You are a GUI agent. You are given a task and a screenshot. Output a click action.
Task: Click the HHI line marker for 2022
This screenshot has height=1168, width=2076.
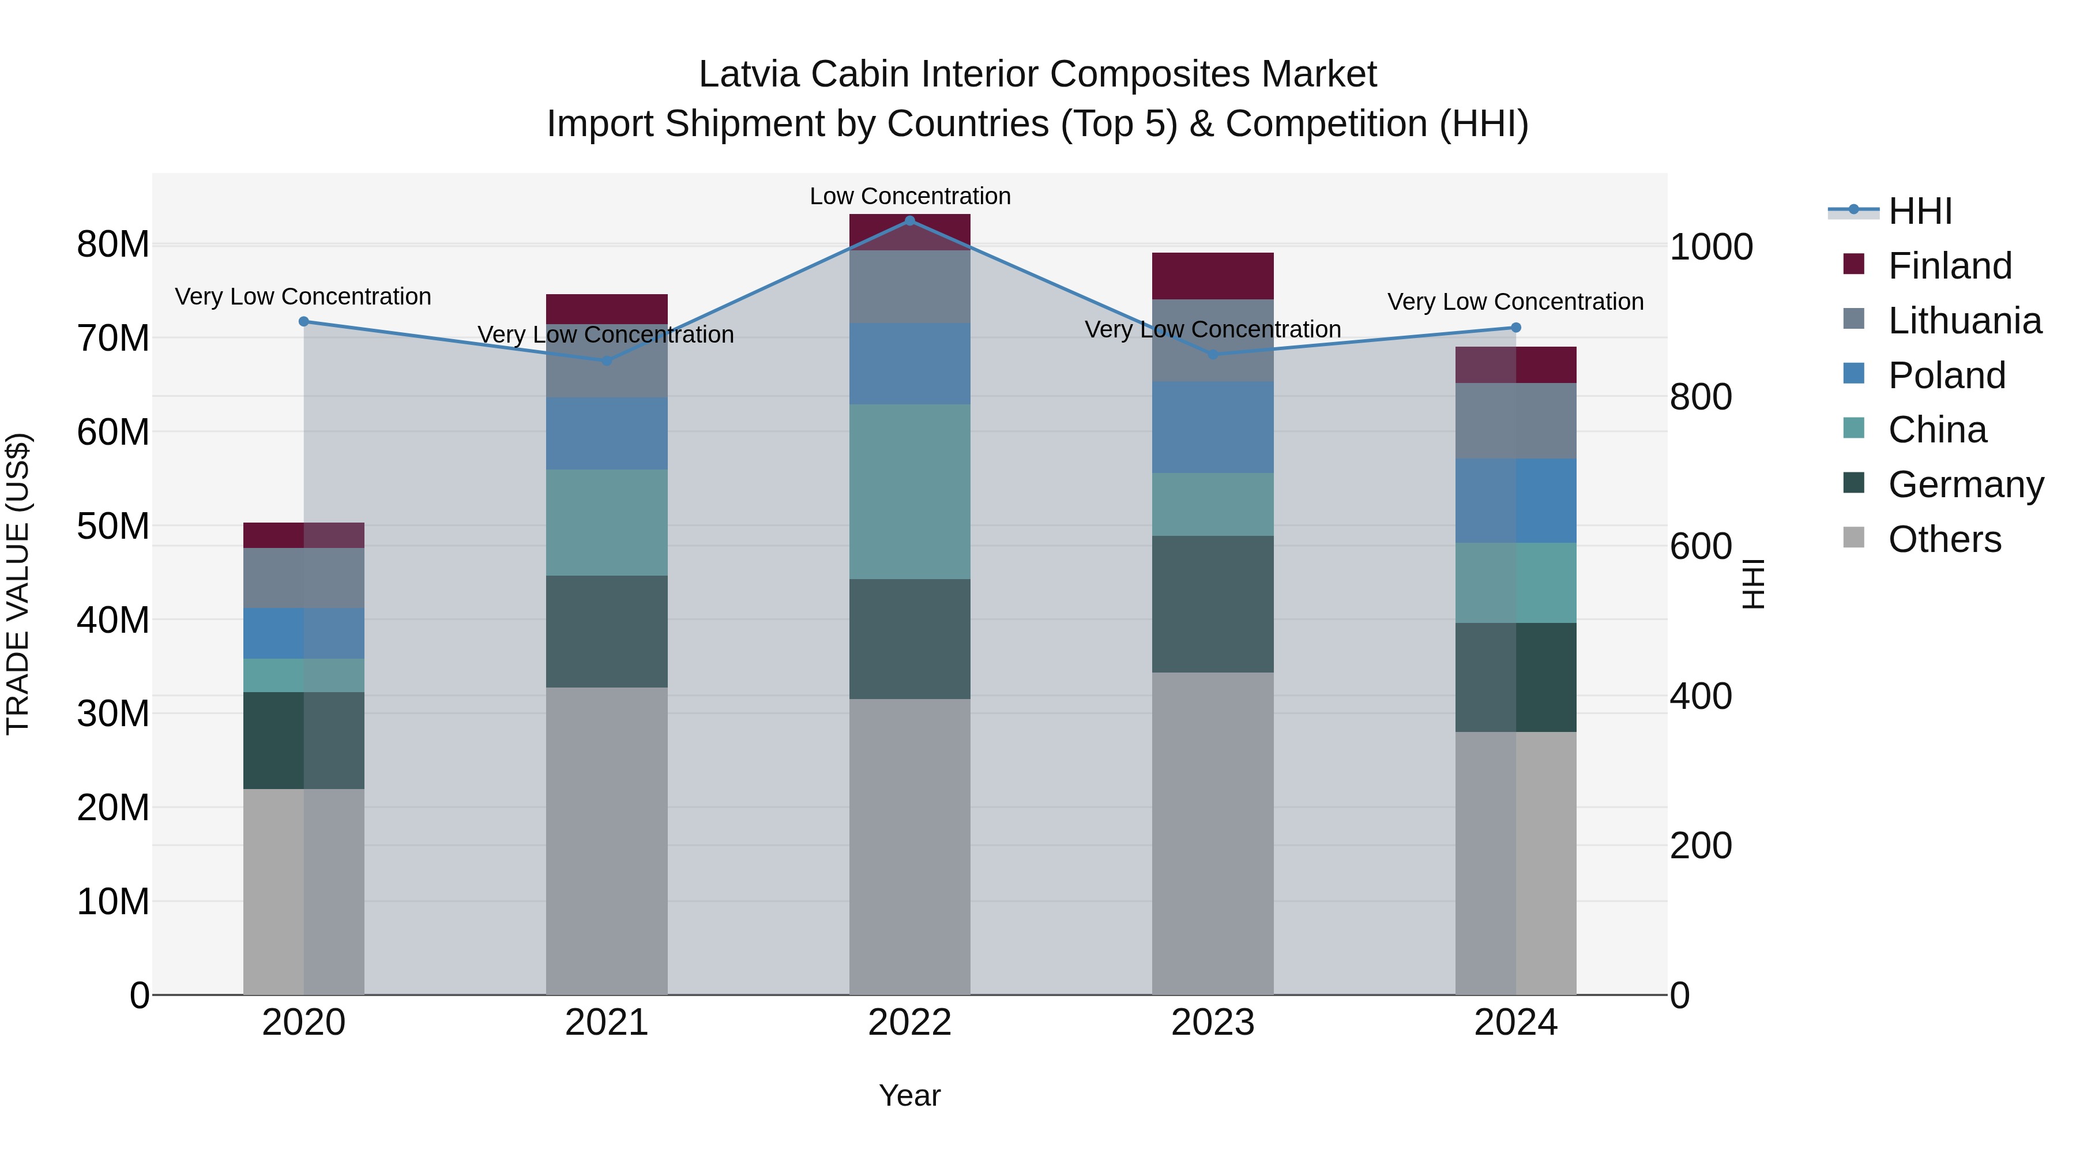[x=910, y=220]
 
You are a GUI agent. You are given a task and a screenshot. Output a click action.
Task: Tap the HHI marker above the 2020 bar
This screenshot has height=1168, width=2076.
[x=304, y=322]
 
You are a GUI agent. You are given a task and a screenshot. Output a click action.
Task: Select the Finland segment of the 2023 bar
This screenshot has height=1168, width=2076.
[x=1212, y=276]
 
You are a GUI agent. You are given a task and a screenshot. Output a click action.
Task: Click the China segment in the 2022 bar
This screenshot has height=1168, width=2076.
[x=910, y=491]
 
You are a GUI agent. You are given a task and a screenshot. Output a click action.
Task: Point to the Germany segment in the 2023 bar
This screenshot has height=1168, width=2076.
[x=1212, y=604]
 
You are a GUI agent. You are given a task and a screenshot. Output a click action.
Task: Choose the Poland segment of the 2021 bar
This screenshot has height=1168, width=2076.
[x=607, y=433]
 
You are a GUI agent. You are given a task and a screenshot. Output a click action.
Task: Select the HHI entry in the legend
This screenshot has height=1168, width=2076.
[x=1919, y=211]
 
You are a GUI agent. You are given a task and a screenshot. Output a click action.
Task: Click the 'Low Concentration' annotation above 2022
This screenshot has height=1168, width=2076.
[x=910, y=196]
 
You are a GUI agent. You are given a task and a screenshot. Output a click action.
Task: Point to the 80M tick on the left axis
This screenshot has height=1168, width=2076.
[x=113, y=244]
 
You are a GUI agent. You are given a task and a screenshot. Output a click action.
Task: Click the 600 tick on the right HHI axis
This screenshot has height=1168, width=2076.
[x=1701, y=547]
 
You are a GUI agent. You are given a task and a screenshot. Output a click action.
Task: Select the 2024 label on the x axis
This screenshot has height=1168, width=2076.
[x=1515, y=1023]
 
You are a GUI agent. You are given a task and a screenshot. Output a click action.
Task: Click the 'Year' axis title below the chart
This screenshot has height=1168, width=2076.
[x=910, y=1095]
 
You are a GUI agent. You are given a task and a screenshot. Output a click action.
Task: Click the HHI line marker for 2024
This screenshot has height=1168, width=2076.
[x=1515, y=327]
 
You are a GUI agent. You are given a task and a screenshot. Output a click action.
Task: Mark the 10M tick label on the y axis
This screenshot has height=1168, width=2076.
[x=113, y=901]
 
